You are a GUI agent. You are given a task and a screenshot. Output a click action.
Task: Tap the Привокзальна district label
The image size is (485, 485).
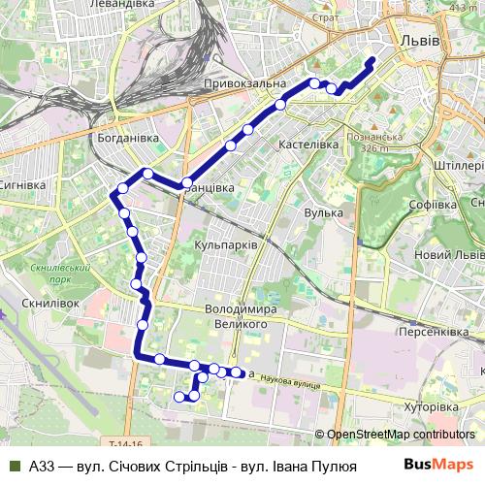pyautogui.click(x=245, y=85)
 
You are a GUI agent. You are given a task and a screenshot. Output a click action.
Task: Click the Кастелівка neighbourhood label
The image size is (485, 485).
pyautogui.click(x=307, y=144)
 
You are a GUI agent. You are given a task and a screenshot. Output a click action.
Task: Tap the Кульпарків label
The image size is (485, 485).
pyautogui.click(x=226, y=245)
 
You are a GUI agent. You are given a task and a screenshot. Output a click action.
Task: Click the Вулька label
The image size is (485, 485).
pyautogui.click(x=323, y=212)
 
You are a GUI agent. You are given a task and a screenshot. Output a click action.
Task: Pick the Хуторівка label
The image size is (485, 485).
pyautogui.click(x=430, y=407)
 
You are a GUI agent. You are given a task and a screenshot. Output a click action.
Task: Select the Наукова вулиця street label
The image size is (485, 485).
pyautogui.click(x=297, y=385)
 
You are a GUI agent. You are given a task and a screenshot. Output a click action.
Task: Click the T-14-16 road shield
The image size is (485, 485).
pyautogui.click(x=125, y=443)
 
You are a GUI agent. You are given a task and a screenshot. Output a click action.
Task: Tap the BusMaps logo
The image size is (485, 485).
pyautogui.click(x=439, y=465)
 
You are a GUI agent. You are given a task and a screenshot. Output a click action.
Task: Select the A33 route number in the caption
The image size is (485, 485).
pyautogui.click(x=42, y=466)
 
